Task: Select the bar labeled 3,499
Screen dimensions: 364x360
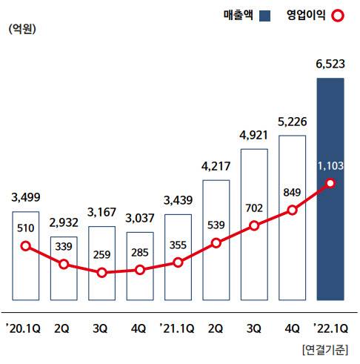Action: point(26,256)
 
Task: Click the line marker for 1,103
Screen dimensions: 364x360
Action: point(330,183)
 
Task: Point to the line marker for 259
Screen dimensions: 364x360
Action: point(102,273)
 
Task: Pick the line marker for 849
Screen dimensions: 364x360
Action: point(292,210)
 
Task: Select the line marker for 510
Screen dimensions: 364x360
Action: point(26,246)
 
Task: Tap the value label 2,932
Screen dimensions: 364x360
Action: point(64,223)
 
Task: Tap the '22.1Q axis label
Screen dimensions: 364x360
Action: point(330,325)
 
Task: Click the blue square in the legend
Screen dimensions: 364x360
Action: point(264,15)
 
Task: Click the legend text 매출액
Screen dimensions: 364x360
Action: point(238,15)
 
